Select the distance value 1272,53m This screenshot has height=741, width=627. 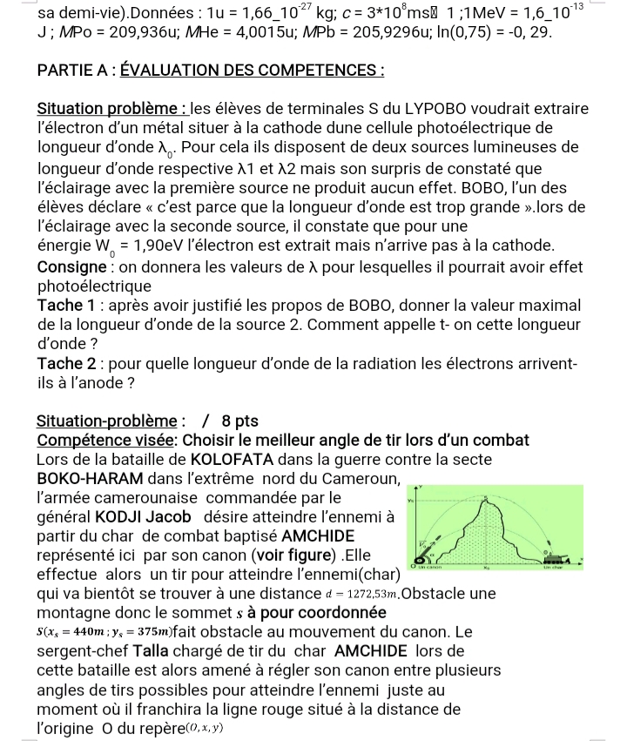367,595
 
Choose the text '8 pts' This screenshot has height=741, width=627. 236,421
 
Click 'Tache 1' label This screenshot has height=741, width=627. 69,306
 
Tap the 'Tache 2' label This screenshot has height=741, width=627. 69,363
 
